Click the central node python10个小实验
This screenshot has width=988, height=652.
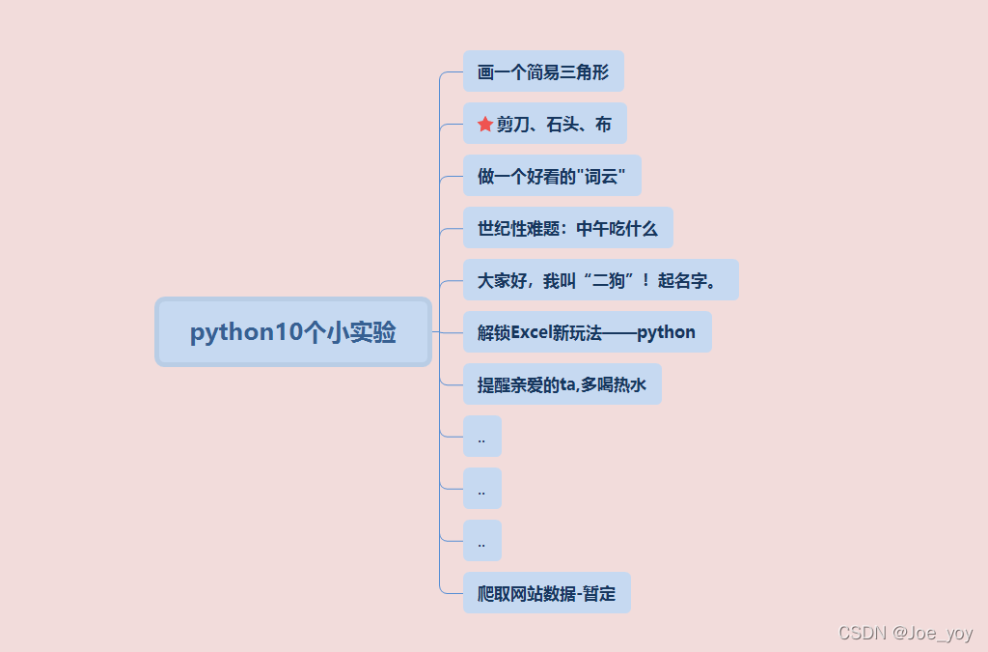coord(293,332)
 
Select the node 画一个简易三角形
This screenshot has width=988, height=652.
coord(543,72)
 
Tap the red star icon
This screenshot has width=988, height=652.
coord(485,125)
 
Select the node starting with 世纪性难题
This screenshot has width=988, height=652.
coord(567,229)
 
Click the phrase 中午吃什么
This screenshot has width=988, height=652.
coord(617,229)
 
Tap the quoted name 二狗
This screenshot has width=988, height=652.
coord(607,281)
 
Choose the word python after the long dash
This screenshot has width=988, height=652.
coord(666,332)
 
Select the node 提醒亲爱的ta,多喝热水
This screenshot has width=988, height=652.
coord(562,385)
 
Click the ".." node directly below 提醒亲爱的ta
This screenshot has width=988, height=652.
coord(481,437)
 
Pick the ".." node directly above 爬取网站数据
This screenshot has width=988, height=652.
coord(481,541)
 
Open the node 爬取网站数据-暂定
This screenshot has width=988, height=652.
coord(546,593)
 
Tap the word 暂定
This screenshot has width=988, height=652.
coord(599,593)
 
